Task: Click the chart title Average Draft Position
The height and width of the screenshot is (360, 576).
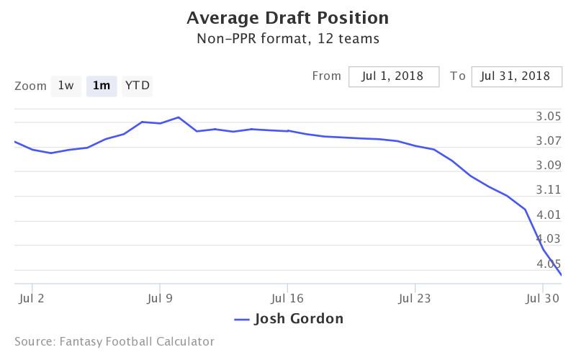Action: coord(287,17)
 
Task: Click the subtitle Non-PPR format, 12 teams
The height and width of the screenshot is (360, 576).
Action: coord(287,38)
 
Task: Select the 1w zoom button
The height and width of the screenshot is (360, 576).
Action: coord(66,86)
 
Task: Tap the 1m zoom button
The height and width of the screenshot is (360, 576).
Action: coord(102,86)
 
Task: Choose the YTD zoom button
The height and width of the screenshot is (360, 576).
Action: coord(138,86)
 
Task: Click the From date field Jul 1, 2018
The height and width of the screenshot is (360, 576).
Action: coord(394,76)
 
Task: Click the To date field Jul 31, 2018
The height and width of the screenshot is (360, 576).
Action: coord(516,76)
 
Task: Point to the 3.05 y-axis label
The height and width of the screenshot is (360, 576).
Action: coord(549,117)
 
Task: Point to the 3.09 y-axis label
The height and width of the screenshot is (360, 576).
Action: coord(549,166)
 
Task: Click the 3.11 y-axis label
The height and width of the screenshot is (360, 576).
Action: coord(549,190)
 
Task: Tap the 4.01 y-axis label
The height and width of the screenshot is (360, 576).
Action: coord(549,215)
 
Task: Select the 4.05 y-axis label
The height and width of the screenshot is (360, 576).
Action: coord(549,264)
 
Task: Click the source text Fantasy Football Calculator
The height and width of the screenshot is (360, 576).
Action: coord(114,342)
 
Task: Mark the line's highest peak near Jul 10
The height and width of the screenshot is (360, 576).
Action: coord(178,117)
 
